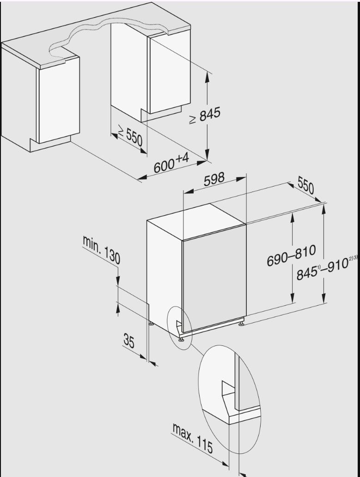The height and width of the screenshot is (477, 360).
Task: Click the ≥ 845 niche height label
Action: coord(205,116)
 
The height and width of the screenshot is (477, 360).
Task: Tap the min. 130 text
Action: coord(101,249)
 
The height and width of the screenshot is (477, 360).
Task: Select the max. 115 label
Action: coord(193,438)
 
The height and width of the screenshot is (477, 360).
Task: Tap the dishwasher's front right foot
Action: coord(241,325)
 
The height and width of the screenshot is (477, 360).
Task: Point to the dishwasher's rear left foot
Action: coord(151,323)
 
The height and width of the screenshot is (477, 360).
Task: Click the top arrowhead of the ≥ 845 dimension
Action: coord(207,77)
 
